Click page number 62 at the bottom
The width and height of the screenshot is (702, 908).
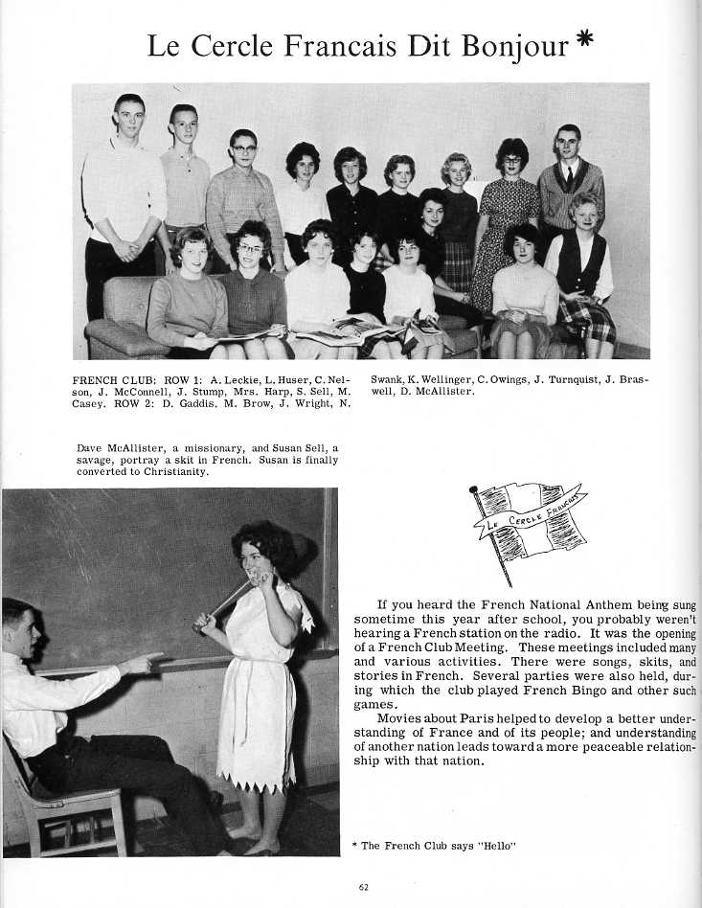tap(363, 887)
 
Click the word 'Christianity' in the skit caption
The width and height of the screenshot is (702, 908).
tap(175, 471)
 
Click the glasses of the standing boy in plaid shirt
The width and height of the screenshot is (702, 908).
tap(243, 149)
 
